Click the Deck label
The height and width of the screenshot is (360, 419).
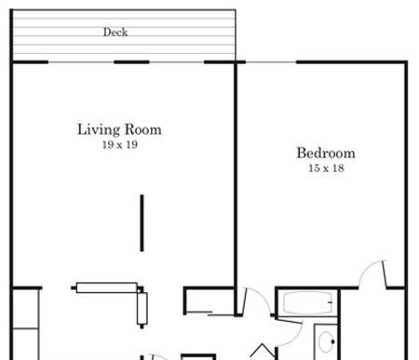click(115, 33)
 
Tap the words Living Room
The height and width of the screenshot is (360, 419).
click(119, 129)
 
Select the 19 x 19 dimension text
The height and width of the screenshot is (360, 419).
click(120, 144)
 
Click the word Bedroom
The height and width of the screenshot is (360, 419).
click(326, 153)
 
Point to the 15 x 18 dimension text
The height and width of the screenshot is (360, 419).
click(326, 168)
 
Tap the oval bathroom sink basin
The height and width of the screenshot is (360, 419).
click(327, 341)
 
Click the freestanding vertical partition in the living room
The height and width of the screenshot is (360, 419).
click(142, 223)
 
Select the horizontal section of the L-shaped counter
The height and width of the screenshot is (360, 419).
click(107, 287)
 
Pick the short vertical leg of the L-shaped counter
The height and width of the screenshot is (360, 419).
click(142, 309)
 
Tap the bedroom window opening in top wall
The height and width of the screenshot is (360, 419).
click(271, 62)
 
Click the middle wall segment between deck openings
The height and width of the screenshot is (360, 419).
click(131, 62)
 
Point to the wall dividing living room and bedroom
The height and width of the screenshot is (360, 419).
click(236, 189)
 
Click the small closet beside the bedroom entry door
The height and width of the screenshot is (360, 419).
click(209, 300)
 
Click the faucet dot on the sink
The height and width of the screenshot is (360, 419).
click(332, 342)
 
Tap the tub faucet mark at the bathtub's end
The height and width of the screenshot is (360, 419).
click(331, 302)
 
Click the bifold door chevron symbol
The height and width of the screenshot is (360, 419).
click(263, 351)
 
